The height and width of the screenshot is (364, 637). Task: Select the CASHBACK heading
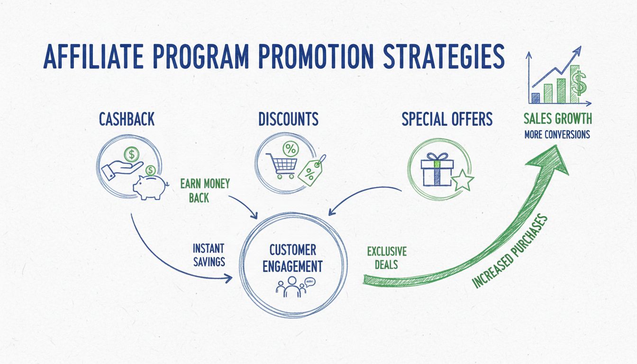(127, 119)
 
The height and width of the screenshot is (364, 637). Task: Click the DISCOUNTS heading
(288, 119)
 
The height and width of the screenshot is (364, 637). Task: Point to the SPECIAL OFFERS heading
(447, 119)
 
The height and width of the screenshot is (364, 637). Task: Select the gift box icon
(437, 169)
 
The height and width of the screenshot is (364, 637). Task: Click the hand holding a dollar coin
(119, 166)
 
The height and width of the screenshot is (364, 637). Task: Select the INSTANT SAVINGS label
(209, 255)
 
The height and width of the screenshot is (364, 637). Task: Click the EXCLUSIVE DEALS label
(387, 257)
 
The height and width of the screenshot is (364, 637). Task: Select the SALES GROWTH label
(557, 118)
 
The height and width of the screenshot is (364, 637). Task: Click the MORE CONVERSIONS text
(557, 135)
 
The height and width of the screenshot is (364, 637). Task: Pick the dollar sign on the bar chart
(578, 83)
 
